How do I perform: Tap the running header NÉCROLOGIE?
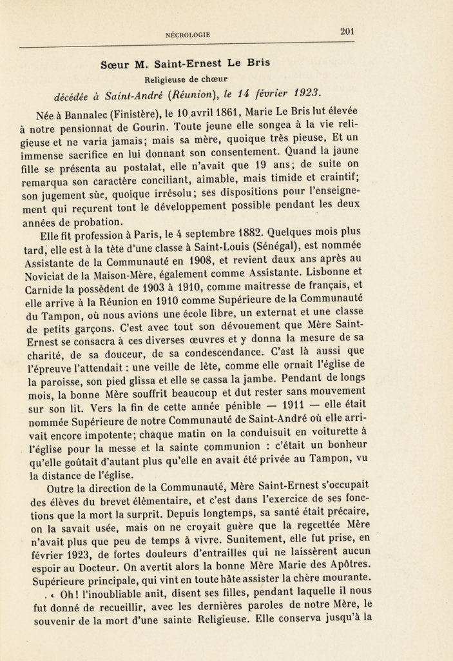pos(188,35)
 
